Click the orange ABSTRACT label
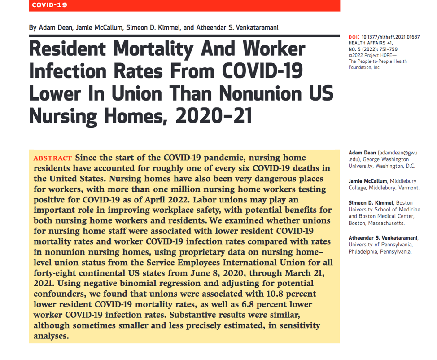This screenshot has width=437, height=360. click(52, 158)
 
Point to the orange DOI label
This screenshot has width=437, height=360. click(353, 37)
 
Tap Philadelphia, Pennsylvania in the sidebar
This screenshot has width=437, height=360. click(380, 252)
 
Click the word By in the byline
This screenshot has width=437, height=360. click(33, 28)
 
